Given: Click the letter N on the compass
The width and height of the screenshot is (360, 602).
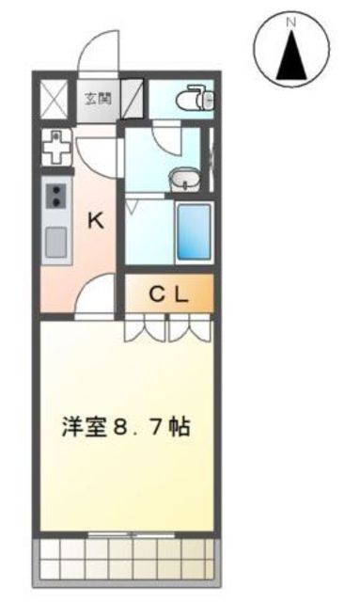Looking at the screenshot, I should click(292, 21).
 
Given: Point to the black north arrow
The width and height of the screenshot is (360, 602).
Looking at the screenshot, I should click(292, 55).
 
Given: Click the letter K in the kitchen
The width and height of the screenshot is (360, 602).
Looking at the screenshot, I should click(96, 222).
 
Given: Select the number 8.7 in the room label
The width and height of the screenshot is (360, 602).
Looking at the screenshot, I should click(138, 427).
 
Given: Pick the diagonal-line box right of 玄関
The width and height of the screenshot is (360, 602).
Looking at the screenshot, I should click(133, 97).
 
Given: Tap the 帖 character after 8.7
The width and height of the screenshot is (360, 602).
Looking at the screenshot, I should click(180, 427).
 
